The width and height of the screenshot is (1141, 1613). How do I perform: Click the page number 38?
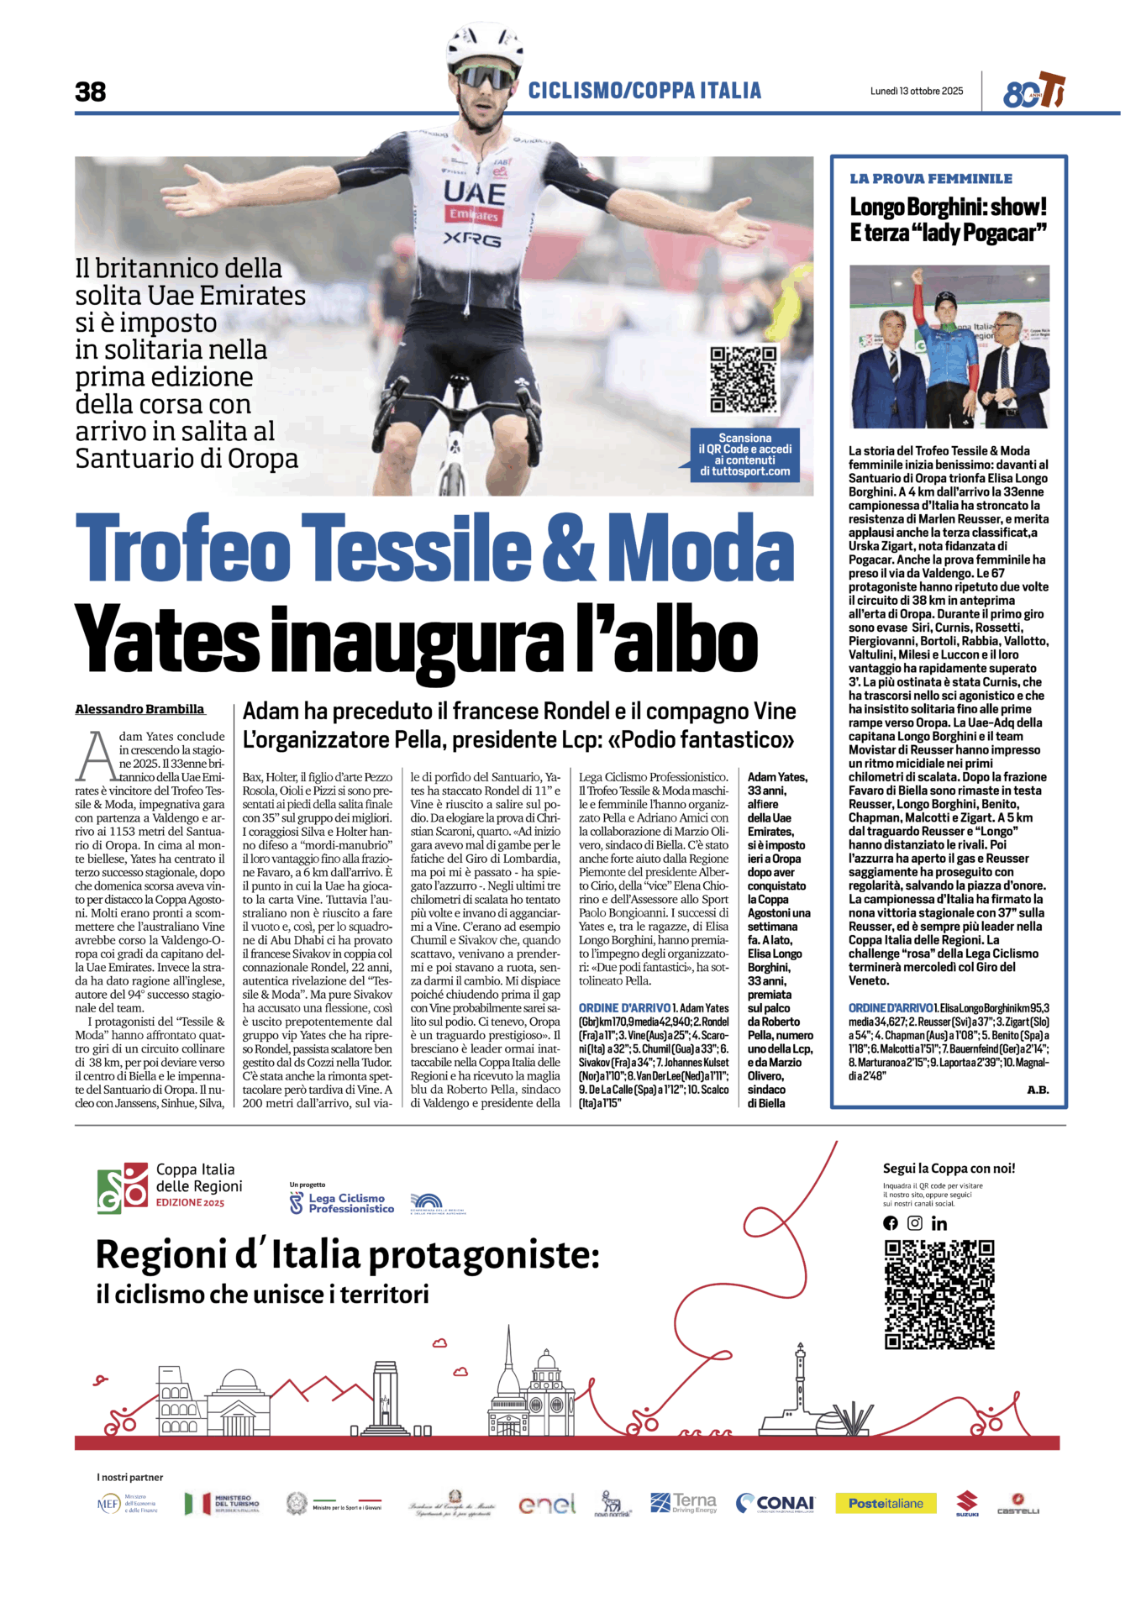pyautogui.click(x=91, y=92)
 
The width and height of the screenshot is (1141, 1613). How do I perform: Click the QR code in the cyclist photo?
pyautogui.click(x=743, y=379)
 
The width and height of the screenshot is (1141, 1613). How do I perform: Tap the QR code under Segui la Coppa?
pyautogui.click(x=939, y=1294)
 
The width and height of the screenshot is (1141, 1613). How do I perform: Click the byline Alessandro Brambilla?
pyautogui.click(x=139, y=709)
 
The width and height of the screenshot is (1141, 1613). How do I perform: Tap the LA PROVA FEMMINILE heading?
pyautogui.click(x=930, y=178)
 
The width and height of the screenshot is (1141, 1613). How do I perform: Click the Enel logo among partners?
pyautogui.click(x=547, y=1503)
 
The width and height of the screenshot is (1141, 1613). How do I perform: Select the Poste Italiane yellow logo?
pyautogui.click(x=886, y=1503)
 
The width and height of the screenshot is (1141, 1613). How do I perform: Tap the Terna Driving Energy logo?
pyautogui.click(x=683, y=1502)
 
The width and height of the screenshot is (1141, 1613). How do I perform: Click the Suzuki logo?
pyautogui.click(x=967, y=1502)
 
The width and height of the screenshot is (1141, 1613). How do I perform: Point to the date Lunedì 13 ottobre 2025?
pyautogui.click(x=917, y=91)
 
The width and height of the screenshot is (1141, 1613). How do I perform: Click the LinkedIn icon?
pyautogui.click(x=939, y=1224)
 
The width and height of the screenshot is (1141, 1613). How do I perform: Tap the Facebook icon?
pyautogui.click(x=891, y=1224)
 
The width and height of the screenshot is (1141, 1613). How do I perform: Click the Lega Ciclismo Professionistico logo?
pyautogui.click(x=342, y=1203)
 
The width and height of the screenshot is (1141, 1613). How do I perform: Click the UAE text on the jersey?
pyautogui.click(x=475, y=193)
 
